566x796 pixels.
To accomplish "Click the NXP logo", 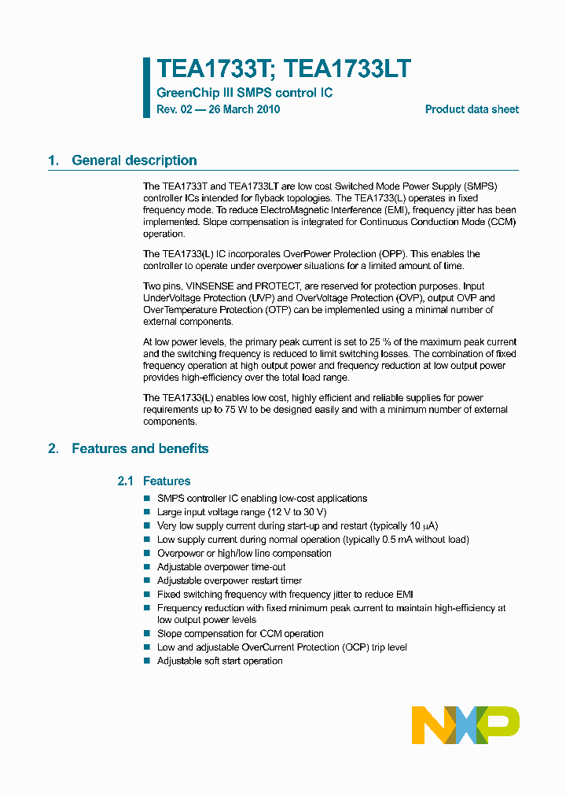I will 465,724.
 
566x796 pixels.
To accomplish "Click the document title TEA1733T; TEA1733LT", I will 283,69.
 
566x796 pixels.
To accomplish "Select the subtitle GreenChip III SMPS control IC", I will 244,93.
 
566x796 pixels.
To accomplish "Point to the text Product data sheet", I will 472,109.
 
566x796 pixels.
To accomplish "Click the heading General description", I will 134,160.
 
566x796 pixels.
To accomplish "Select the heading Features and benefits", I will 140,448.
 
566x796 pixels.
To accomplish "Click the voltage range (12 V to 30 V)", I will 281,512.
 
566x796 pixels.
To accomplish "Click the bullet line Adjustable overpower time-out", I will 221,567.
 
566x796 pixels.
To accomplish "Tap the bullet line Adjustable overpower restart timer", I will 228,580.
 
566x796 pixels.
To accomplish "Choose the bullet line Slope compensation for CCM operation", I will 240,633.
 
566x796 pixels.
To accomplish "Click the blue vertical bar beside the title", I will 146,87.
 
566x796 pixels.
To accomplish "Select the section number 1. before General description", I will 53,160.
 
